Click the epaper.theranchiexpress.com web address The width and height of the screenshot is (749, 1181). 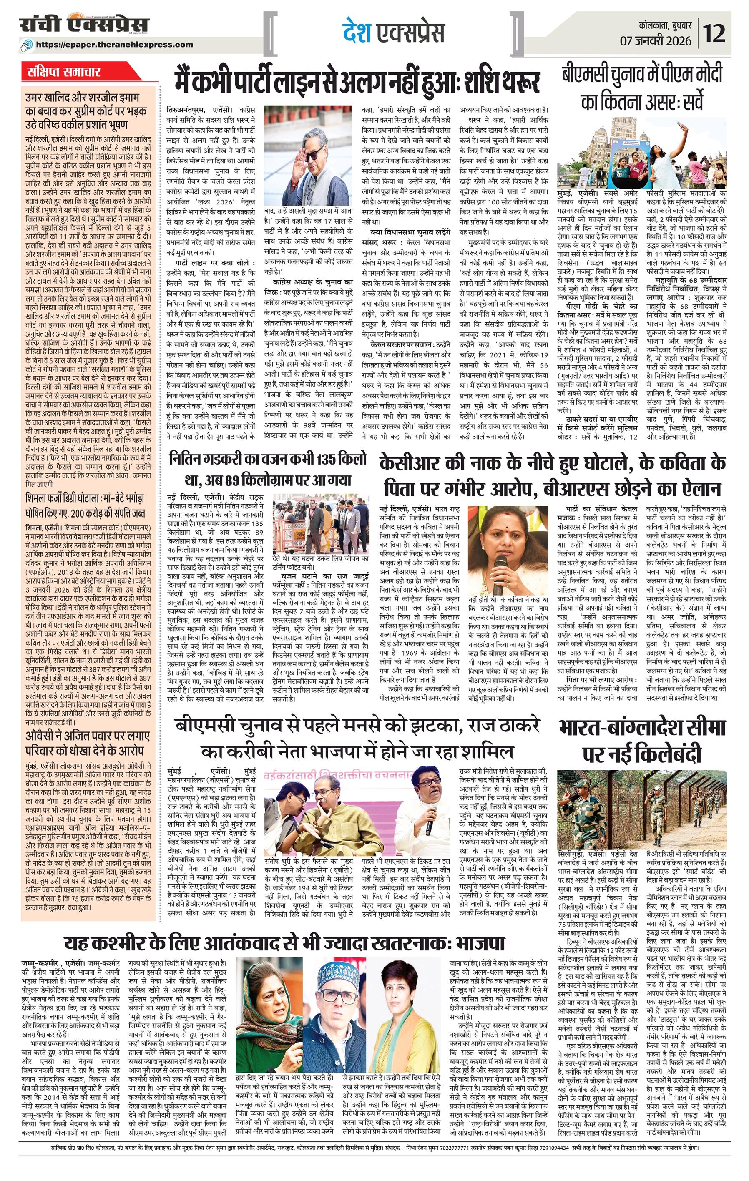[121, 45]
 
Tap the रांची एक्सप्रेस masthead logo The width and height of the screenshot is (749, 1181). [84, 25]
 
